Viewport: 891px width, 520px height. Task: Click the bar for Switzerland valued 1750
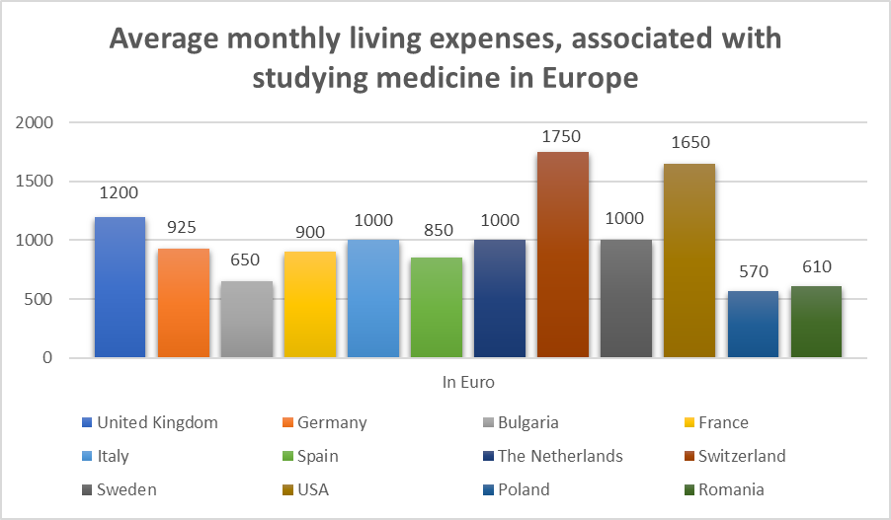[563, 255]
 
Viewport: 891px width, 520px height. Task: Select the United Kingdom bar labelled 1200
[121, 287]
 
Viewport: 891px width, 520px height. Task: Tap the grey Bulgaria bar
[247, 320]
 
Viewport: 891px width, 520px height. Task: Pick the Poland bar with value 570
[753, 325]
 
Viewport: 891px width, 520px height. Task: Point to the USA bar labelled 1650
[689, 260]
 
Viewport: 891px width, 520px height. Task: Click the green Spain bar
[437, 308]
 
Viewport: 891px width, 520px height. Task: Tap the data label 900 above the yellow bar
[310, 234]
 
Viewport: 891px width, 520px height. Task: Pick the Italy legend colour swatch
[88, 456]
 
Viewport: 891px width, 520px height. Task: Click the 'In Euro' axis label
[468, 381]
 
